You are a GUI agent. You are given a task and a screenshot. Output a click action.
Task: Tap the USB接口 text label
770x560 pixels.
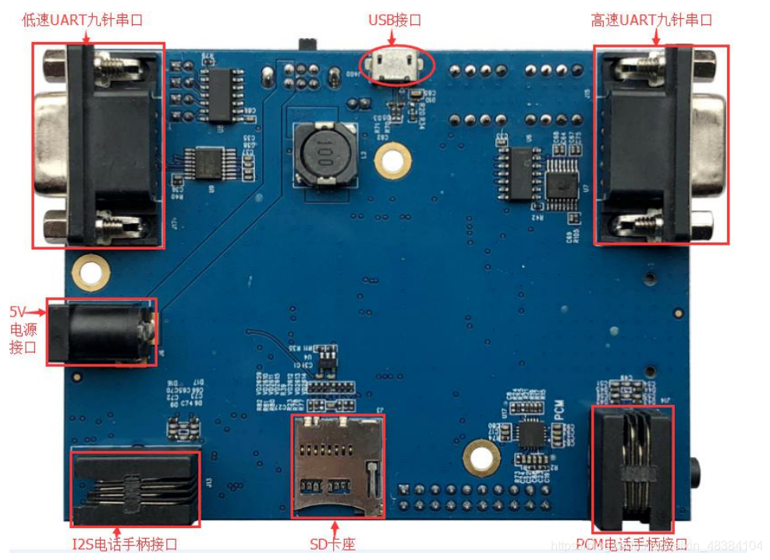[x=395, y=19]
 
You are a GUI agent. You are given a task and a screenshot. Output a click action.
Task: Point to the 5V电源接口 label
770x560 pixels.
[x=23, y=328]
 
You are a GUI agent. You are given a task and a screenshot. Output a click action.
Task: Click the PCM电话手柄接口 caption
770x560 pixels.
[x=631, y=544]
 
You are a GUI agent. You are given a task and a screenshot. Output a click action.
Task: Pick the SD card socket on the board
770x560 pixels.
[x=338, y=466]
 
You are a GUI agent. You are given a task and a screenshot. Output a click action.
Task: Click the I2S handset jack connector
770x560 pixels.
[x=136, y=488]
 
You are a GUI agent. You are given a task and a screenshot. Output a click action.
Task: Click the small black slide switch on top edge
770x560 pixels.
[x=307, y=41]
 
